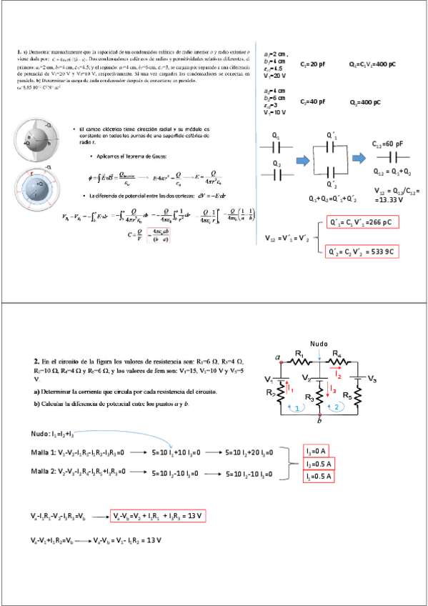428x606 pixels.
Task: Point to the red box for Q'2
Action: (361, 252)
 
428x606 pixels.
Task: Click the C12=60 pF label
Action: (387, 144)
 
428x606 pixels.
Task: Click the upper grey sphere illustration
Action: (39, 141)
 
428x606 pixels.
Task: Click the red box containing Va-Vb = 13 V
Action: (157, 516)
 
